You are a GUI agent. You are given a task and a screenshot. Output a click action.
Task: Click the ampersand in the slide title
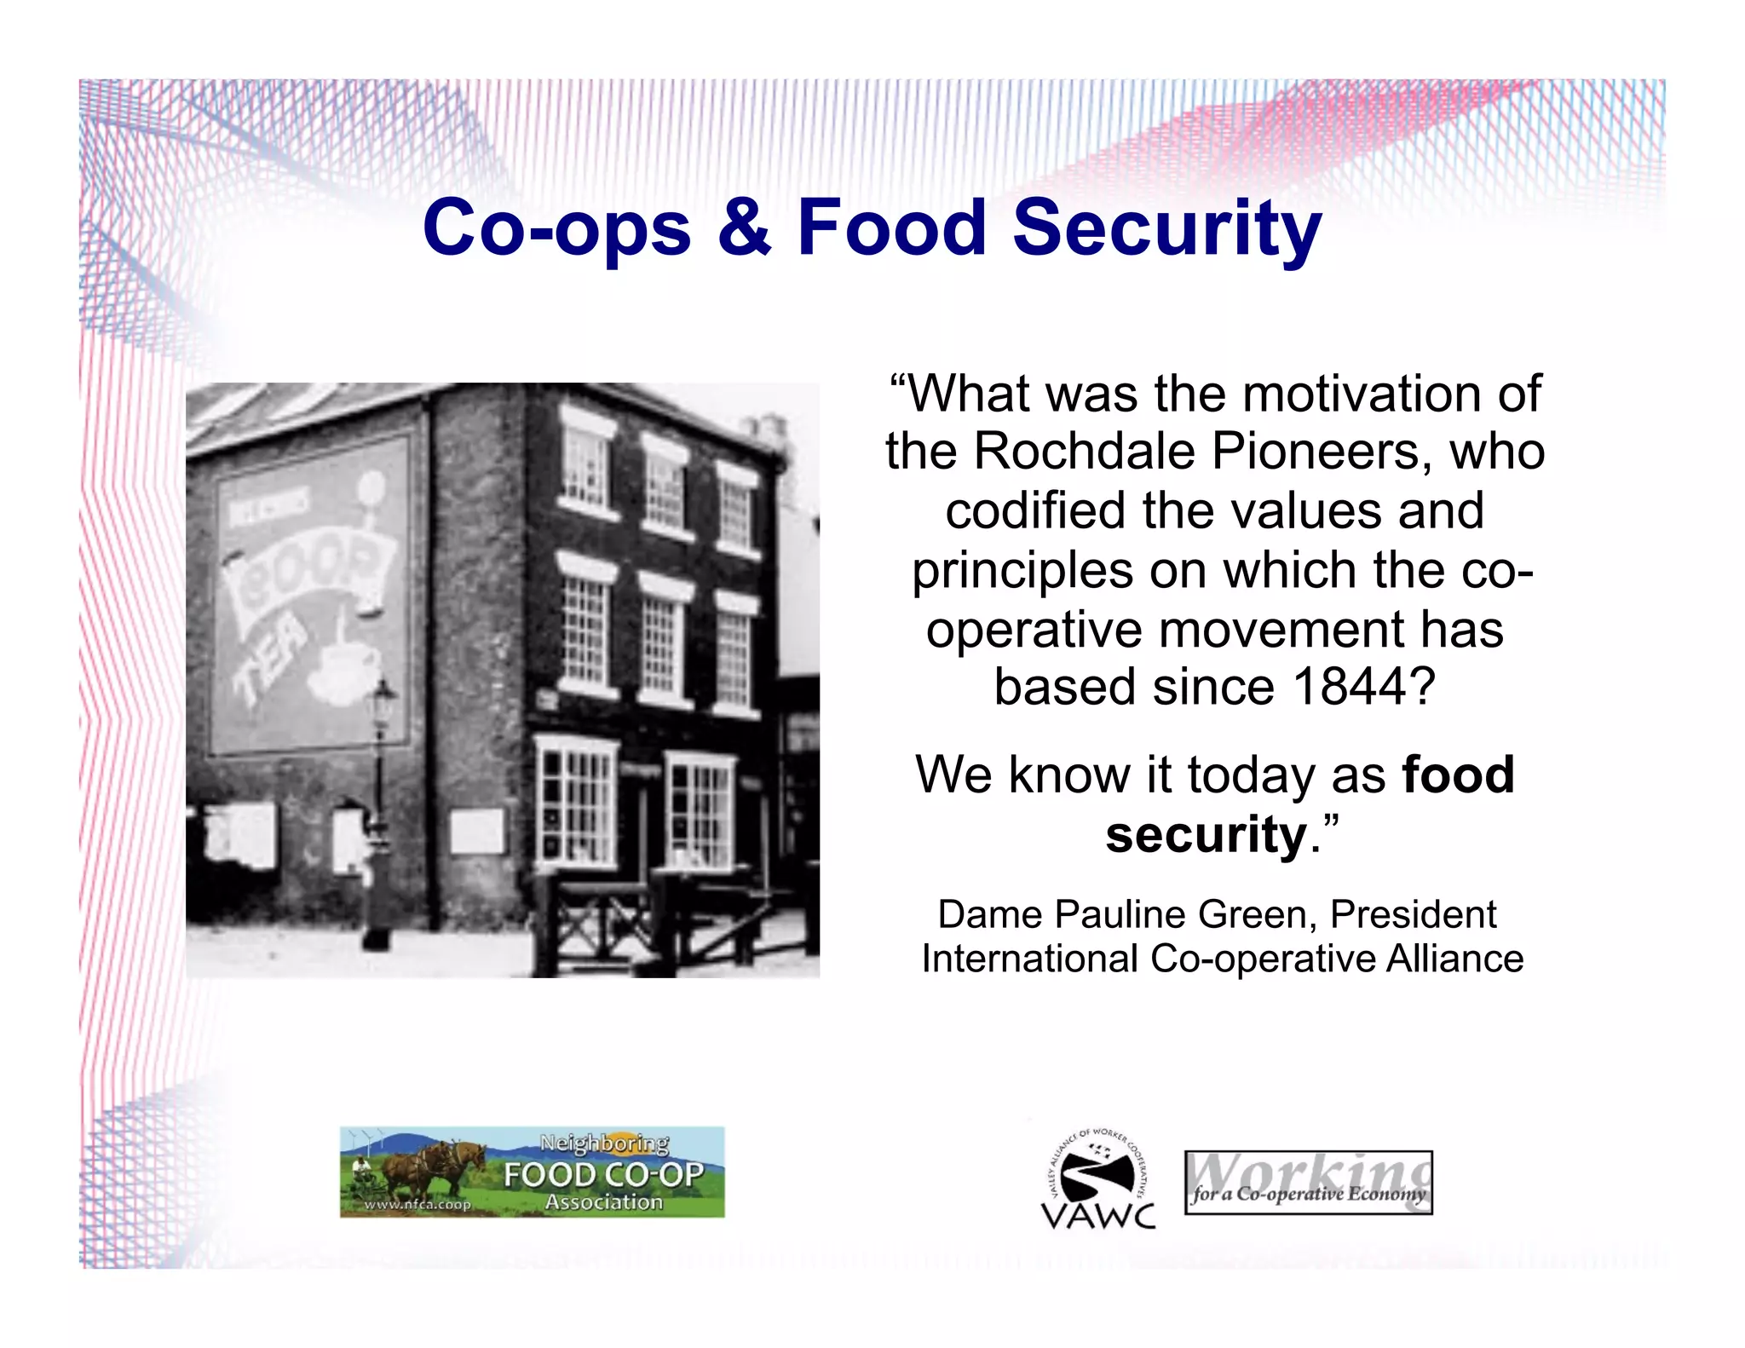(x=744, y=228)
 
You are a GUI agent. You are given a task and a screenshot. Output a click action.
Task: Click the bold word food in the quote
(x=1458, y=775)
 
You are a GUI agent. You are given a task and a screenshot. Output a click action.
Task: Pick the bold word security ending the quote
(x=1206, y=835)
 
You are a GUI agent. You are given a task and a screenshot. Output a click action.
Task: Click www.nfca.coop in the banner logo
(x=417, y=1205)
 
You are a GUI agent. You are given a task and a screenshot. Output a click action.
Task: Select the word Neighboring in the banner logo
(x=604, y=1143)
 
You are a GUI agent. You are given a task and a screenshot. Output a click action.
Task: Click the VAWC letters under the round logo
(x=1098, y=1215)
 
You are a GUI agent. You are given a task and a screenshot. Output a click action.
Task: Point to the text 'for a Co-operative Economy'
(x=1308, y=1194)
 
